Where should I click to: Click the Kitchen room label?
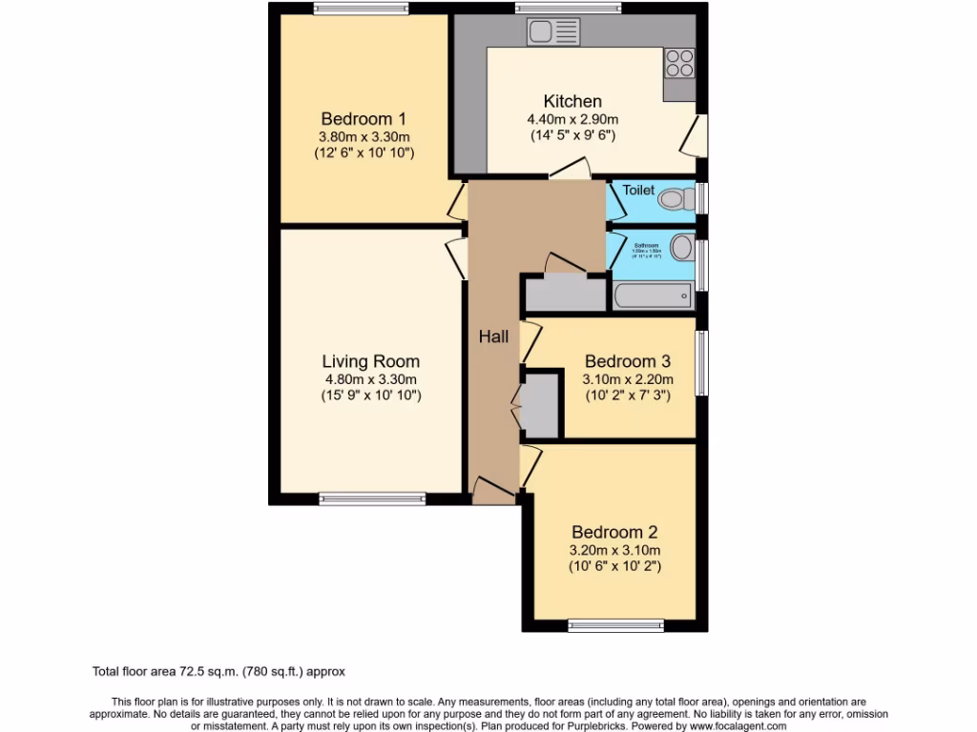point(572,101)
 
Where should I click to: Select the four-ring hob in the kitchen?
point(680,62)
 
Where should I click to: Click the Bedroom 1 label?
point(364,119)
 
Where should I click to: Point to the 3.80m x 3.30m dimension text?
point(364,136)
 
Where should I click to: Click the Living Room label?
point(370,361)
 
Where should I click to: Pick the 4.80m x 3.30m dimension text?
point(370,378)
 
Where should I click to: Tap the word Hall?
point(493,336)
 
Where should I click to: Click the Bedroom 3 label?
point(628,361)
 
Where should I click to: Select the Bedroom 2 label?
point(614,532)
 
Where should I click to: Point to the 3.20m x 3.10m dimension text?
point(614,550)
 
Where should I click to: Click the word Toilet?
point(638,191)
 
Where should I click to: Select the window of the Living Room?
point(372,498)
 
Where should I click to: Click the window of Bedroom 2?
point(615,626)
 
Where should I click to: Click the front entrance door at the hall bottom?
point(493,491)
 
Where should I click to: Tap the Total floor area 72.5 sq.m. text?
point(225,671)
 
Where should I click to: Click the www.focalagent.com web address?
point(725,726)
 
